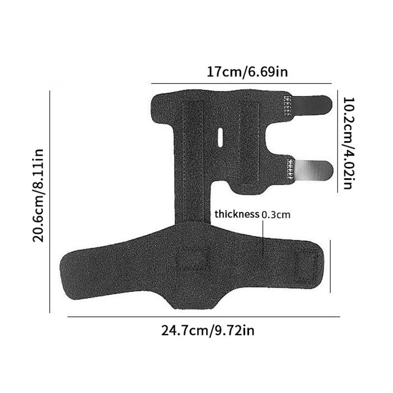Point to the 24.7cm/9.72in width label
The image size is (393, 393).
coord(208,331)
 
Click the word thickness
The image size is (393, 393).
coord(237,214)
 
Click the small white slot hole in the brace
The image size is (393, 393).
coord(220,137)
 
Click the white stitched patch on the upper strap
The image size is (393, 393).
coord(288,105)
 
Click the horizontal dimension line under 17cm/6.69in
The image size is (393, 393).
coord(246,83)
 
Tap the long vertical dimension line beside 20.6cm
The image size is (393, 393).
coord(50,201)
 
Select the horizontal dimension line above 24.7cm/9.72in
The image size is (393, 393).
coord(204,317)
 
